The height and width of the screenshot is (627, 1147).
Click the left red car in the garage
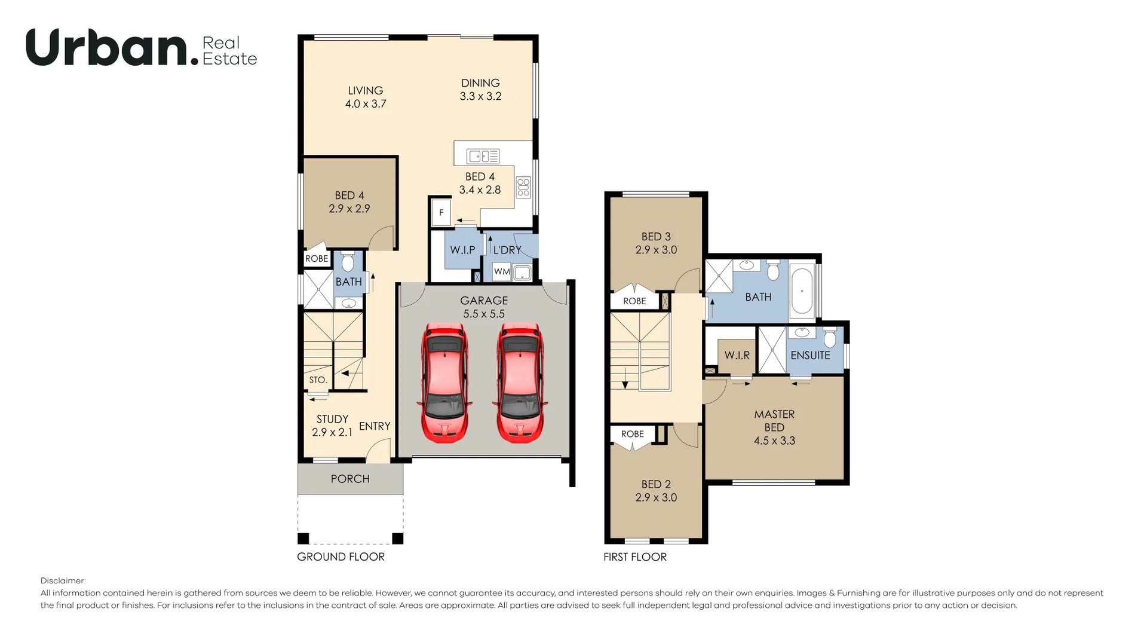click(444, 383)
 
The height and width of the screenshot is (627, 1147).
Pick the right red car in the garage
click(520, 383)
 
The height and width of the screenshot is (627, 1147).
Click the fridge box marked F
click(441, 212)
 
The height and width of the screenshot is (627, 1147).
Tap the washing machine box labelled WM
click(502, 271)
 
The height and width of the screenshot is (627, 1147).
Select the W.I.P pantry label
click(463, 250)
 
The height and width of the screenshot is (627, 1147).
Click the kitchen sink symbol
click(483, 157)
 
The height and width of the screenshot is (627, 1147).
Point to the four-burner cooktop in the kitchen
click(523, 187)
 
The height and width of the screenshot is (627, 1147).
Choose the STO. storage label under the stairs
click(318, 380)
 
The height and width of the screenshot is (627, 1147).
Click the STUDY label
click(332, 419)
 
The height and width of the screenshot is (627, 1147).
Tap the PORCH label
click(350, 479)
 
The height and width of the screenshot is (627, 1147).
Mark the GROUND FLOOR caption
click(341, 556)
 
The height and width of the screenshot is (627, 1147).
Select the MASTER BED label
click(774, 421)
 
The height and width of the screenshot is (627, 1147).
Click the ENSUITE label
click(810, 355)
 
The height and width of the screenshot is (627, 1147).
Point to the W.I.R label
click(737, 355)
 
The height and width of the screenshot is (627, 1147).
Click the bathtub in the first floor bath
click(802, 291)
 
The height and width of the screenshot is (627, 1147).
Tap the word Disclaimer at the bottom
click(63, 580)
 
